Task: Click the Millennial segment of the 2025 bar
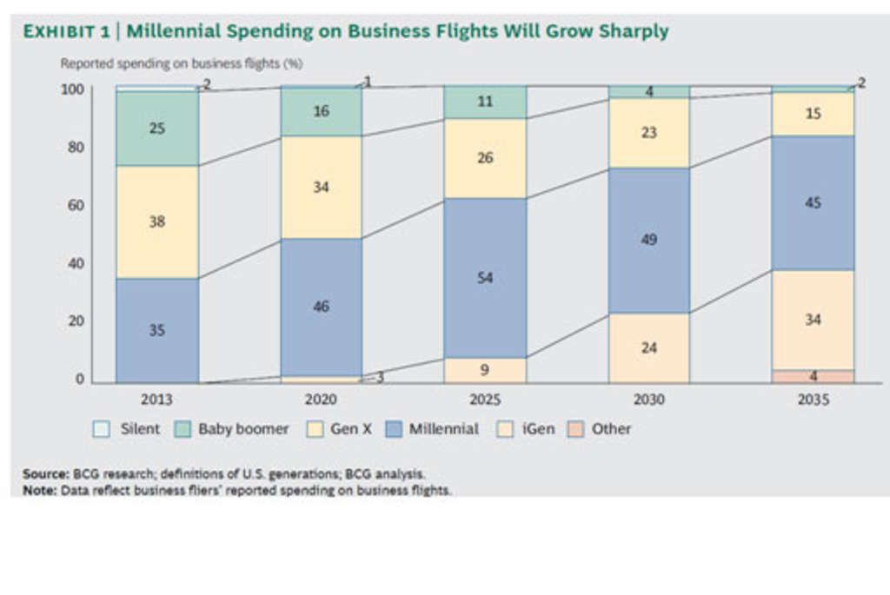pyautogui.click(x=485, y=278)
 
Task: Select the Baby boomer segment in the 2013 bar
pyautogui.click(x=157, y=129)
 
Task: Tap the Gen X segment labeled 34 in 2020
pyautogui.click(x=321, y=187)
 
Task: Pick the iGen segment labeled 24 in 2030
pyautogui.click(x=648, y=347)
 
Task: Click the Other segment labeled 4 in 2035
pyautogui.click(x=813, y=376)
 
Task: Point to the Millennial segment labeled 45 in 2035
pyautogui.click(x=813, y=202)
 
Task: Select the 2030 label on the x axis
pyautogui.click(x=648, y=400)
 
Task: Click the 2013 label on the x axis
pyautogui.click(x=156, y=400)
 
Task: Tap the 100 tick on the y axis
pyautogui.click(x=73, y=89)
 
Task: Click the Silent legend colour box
pyautogui.click(x=99, y=429)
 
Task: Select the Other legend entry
pyautogui.click(x=601, y=429)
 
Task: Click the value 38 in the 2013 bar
pyautogui.click(x=157, y=221)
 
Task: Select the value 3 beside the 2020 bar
pyautogui.click(x=379, y=377)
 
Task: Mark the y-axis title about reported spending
pyautogui.click(x=181, y=63)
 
